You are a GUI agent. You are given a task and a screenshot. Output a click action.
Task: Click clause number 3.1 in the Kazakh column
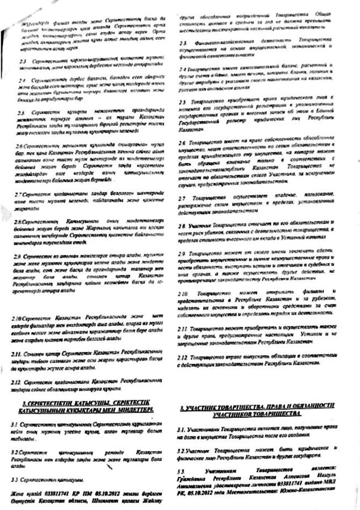tap(19, 423)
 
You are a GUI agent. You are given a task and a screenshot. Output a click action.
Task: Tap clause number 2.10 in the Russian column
tap(184, 293)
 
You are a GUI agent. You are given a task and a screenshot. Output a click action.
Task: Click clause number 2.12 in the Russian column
tap(184, 357)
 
